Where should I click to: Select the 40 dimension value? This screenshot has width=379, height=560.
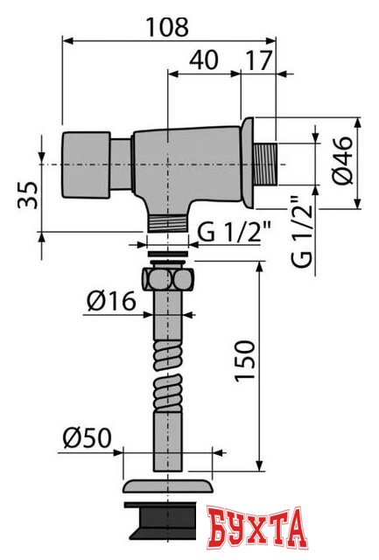tap(204, 62)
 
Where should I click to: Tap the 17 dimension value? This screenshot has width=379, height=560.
tap(258, 62)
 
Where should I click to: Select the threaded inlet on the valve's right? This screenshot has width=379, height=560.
tap(264, 164)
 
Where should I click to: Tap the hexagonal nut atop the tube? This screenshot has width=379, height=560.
tap(168, 281)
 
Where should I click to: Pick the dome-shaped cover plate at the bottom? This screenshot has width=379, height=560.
tap(168, 485)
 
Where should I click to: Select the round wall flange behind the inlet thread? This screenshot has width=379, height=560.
tap(247, 164)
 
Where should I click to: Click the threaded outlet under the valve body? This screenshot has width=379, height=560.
tap(168, 222)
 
